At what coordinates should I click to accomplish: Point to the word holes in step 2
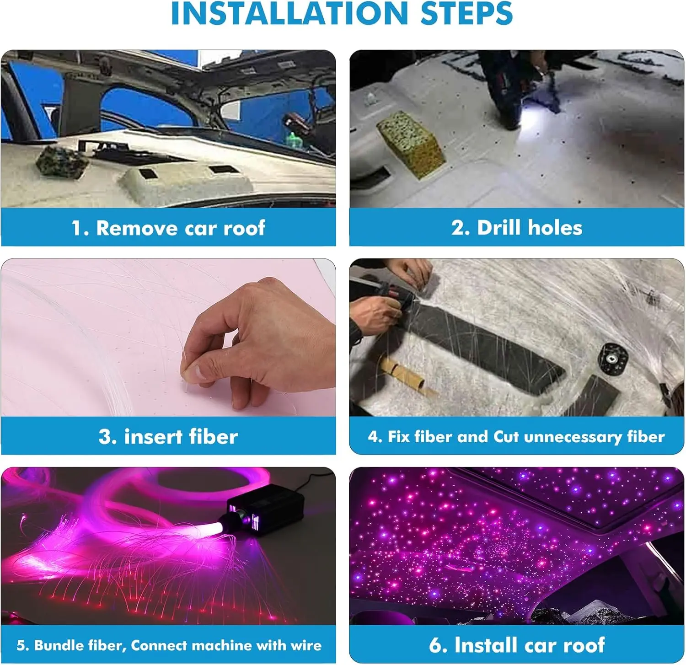coord(555,227)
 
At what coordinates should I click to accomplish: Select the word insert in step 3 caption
coord(153,437)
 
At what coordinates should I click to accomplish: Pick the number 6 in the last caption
coord(435,645)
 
